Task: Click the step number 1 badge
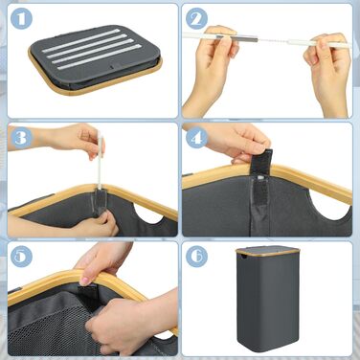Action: [21, 18]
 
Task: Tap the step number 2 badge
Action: [196, 18]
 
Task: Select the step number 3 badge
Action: [21, 138]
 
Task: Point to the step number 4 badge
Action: [196, 138]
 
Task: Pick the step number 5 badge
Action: [21, 257]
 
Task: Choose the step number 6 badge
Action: [196, 257]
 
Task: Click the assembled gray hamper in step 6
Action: [267, 299]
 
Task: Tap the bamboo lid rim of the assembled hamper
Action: [267, 251]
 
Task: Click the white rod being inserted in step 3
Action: [101, 160]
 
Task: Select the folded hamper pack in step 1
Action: [95, 59]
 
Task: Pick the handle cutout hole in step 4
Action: [328, 212]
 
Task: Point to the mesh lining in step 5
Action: [51, 326]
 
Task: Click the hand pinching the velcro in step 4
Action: [236, 142]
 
